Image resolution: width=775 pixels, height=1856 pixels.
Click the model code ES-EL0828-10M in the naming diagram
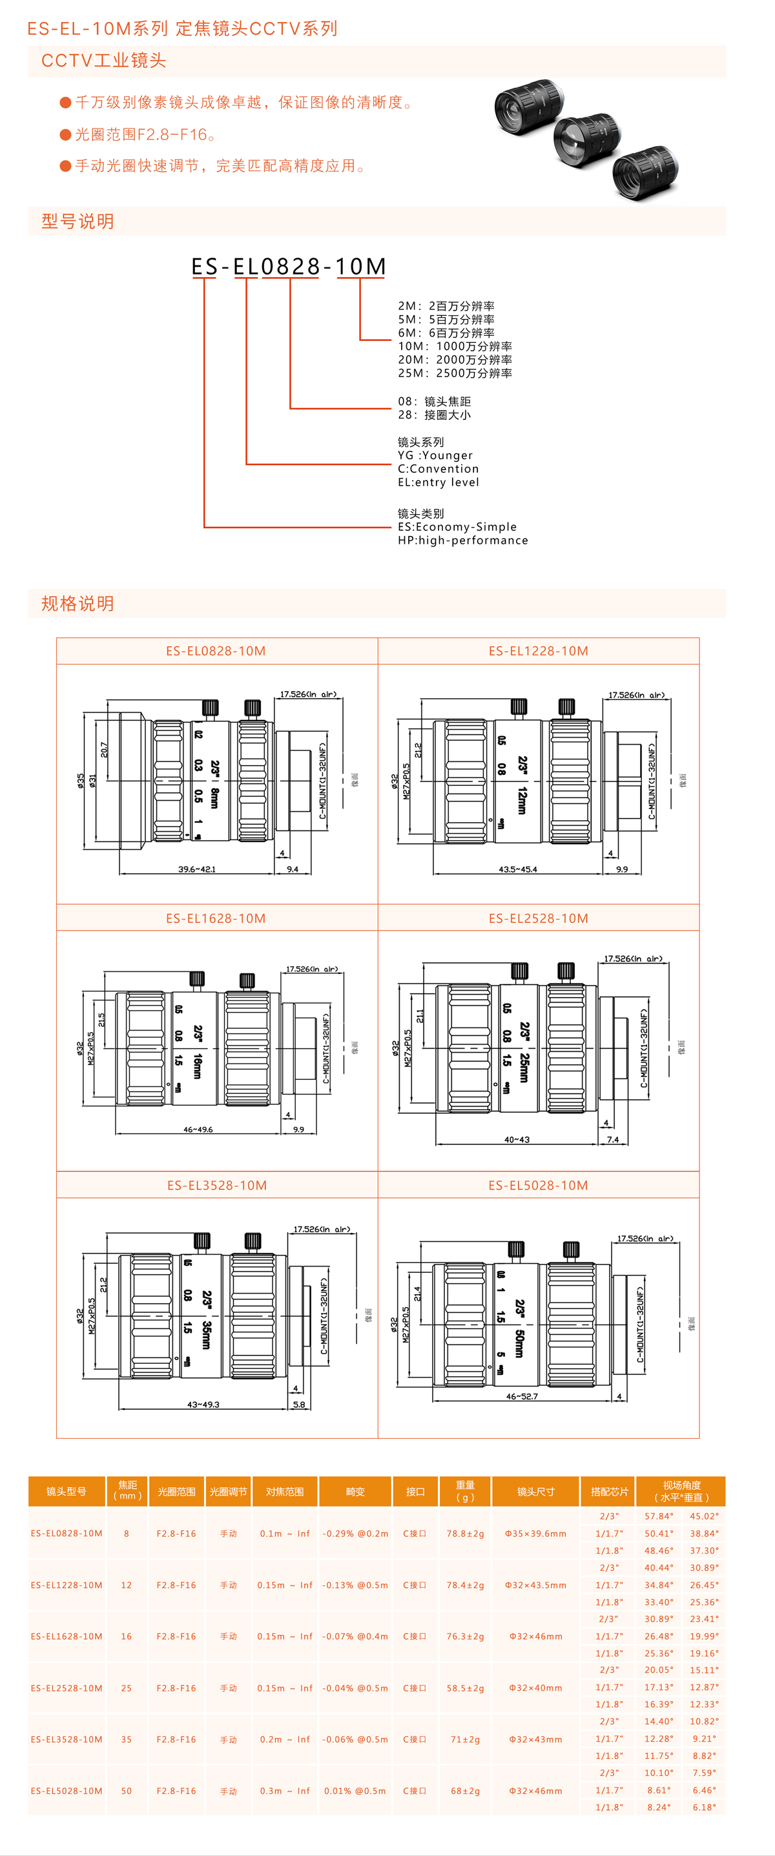(x=288, y=267)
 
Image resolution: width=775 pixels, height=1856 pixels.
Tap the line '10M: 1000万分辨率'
(x=455, y=347)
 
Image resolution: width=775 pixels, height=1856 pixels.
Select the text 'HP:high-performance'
(x=462, y=541)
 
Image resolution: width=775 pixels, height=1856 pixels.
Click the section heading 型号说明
(x=77, y=222)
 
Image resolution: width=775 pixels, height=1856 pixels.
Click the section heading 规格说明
(x=77, y=604)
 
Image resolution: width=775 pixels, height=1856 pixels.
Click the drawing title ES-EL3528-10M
(x=217, y=1185)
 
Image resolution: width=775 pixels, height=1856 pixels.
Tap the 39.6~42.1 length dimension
(x=196, y=870)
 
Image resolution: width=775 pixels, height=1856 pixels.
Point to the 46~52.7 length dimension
(x=521, y=1396)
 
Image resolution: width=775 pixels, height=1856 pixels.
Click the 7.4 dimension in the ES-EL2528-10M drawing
(x=612, y=1140)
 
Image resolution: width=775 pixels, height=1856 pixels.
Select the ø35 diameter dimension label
(x=81, y=780)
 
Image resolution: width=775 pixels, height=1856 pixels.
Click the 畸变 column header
(x=355, y=1491)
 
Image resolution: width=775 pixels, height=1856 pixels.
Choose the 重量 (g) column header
(x=465, y=1490)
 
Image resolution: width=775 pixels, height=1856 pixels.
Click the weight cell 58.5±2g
(x=465, y=1688)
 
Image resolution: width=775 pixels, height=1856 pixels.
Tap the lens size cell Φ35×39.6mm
(x=535, y=1533)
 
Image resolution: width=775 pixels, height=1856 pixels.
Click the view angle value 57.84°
(x=658, y=1516)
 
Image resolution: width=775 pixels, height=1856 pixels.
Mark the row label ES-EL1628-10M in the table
(x=67, y=1636)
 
